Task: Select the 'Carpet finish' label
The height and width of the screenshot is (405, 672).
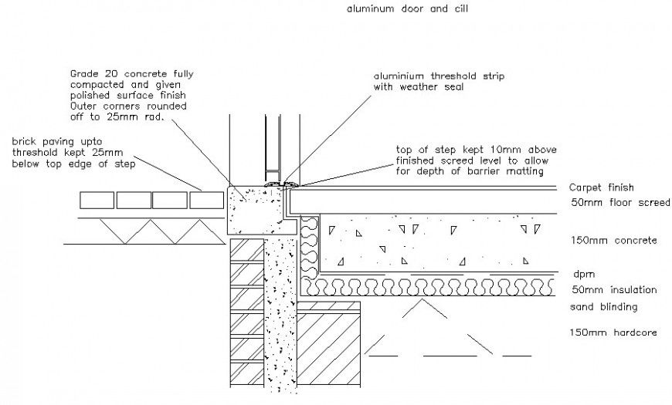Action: (600, 187)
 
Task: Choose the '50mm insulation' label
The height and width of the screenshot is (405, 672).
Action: (613, 290)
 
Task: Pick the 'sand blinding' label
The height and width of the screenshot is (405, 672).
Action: (602, 306)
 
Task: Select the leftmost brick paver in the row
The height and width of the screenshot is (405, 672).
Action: (97, 201)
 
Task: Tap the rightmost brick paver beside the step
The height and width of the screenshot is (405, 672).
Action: (207, 201)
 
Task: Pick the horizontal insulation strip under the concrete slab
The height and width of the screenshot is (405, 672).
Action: (429, 288)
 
